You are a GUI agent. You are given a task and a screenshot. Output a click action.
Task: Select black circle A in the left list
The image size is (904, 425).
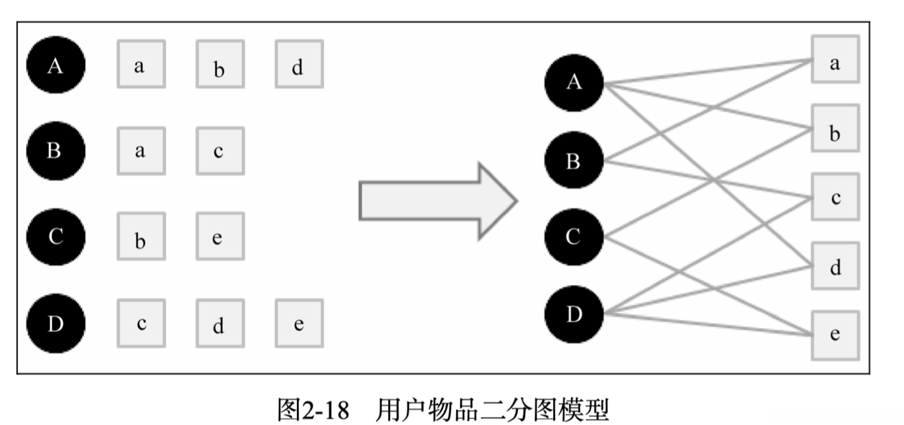(56, 65)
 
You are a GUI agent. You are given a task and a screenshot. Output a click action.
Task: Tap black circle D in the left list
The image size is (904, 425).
(56, 323)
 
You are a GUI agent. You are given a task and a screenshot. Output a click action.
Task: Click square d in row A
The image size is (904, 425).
(299, 64)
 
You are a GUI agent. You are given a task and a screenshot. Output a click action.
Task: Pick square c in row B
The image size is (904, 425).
(220, 151)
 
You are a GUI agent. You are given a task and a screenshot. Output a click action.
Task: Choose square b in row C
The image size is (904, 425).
(141, 236)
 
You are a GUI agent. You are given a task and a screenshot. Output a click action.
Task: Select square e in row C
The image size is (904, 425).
(220, 236)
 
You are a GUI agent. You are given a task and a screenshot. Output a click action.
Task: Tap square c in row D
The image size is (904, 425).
(141, 323)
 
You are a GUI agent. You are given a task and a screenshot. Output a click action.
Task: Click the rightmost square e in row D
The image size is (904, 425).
(299, 323)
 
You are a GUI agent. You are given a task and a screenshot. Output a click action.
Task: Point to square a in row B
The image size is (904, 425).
(141, 151)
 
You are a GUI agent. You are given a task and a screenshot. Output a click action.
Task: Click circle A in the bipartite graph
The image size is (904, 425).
(574, 82)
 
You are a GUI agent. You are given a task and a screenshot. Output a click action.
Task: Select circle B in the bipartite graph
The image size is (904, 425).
(574, 160)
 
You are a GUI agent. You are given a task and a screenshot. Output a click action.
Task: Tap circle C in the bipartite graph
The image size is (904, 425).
(574, 237)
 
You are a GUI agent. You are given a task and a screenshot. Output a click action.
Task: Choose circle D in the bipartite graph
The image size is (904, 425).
(574, 314)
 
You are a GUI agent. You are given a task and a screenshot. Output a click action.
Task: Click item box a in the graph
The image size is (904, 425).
(835, 59)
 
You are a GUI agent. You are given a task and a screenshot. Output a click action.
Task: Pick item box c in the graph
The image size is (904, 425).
(835, 197)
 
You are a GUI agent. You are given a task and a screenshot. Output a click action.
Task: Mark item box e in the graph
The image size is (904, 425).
(835, 335)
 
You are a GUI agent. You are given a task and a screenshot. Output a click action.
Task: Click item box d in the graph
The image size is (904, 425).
(835, 266)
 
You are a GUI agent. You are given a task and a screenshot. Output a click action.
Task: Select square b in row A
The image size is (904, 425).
(220, 64)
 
